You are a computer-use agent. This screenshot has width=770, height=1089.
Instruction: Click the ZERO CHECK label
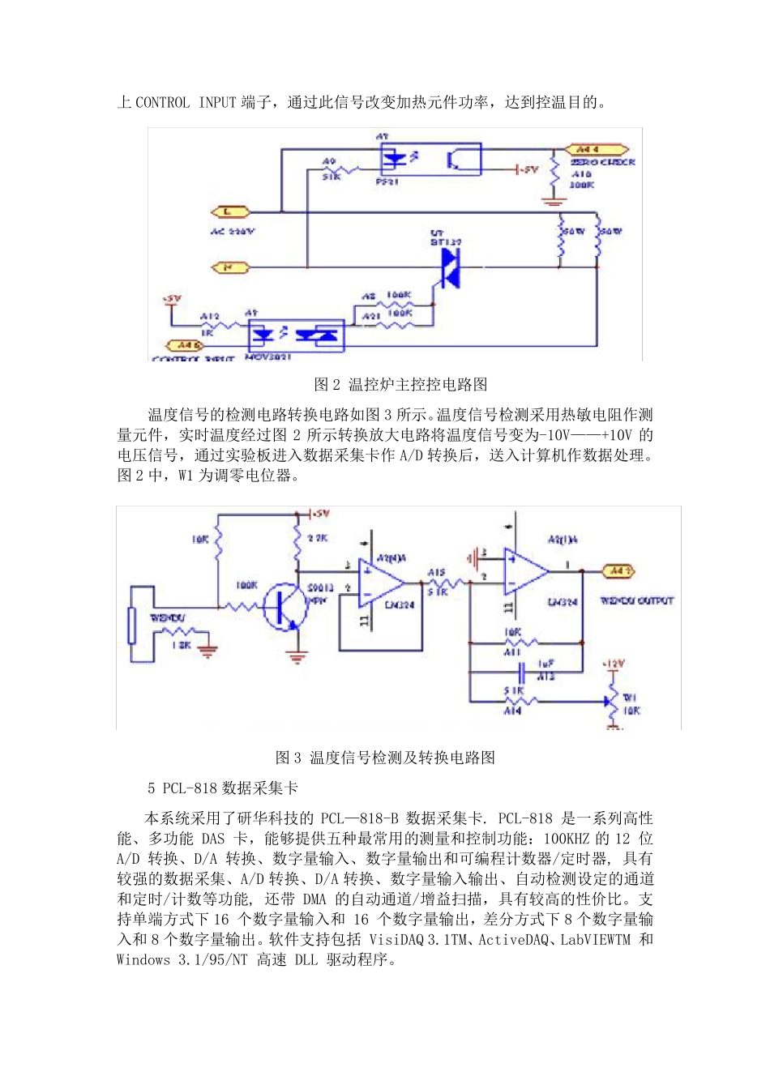(601, 162)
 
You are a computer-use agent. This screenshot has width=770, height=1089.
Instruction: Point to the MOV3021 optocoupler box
(296, 335)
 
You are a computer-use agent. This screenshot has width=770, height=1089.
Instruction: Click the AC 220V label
(232, 232)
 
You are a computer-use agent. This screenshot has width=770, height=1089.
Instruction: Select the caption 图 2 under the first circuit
(400, 384)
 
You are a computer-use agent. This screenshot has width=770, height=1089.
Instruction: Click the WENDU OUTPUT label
(636, 600)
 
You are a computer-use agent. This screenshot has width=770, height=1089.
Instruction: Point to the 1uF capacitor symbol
(521, 671)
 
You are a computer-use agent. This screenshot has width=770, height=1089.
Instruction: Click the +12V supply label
(613, 664)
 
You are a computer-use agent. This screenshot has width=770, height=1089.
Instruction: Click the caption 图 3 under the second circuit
(385, 758)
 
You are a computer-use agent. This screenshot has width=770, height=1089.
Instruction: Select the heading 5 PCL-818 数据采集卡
(222, 788)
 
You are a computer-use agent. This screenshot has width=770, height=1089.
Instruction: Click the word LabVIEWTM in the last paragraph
(595, 940)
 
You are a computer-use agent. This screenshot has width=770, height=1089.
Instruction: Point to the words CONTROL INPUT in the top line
(186, 103)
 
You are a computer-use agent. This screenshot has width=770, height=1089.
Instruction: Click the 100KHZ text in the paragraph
(567, 839)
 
